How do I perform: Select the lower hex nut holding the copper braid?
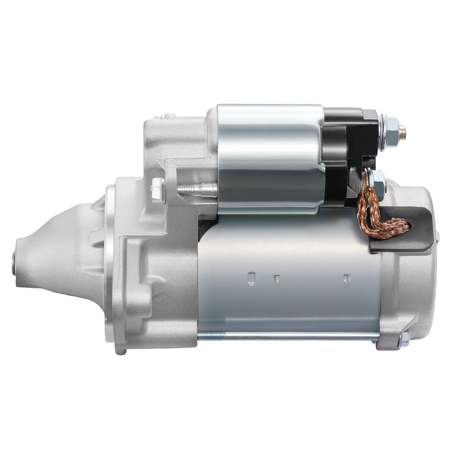point(378,180)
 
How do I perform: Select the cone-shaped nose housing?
point(57,252)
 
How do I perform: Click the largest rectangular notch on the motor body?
point(251,278)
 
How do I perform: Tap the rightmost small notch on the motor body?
point(347,278)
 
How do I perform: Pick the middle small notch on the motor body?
point(276,278)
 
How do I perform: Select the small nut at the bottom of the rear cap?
point(404,339)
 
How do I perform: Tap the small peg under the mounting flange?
point(122,351)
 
